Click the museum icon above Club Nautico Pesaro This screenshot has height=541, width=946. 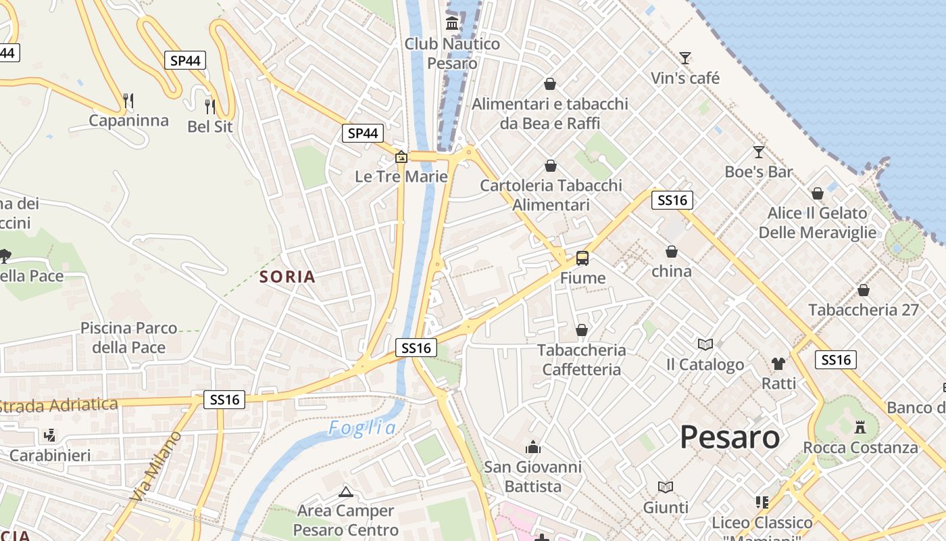coord(452,24)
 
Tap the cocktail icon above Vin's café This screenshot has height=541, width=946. coord(685,58)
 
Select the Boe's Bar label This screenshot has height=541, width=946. coord(758,172)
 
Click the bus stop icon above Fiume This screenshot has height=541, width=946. coord(582,258)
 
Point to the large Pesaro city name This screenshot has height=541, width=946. coord(730,437)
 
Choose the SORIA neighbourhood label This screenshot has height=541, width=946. coord(288,277)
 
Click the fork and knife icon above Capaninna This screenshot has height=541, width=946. coord(128,101)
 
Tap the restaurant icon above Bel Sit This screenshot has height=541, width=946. coord(210,106)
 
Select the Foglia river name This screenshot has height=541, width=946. coord(363,427)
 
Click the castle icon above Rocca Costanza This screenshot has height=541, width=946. coord(860,427)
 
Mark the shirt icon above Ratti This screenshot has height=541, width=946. coord(778,363)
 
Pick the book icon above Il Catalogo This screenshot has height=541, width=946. coord(705,344)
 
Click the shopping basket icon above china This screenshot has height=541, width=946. coord(672,252)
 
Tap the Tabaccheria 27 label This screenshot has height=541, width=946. coord(864,310)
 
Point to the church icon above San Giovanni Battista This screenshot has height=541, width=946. coord(533,447)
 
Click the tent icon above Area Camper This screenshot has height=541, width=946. coord(346,492)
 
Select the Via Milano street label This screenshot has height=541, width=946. coord(155,467)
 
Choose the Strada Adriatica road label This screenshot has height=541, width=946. coord(59,406)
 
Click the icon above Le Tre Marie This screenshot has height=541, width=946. coord(401,158)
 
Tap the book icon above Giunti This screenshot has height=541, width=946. coord(666,487)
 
